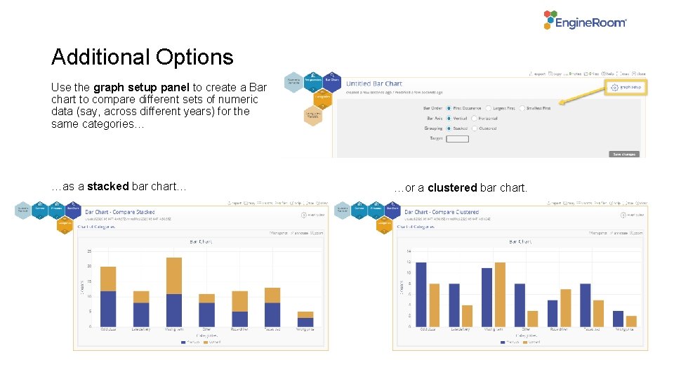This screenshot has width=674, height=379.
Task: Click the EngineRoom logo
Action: click(x=585, y=20)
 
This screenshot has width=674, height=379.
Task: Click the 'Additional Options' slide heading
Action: click(x=142, y=57)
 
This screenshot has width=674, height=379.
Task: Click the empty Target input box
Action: click(x=457, y=139)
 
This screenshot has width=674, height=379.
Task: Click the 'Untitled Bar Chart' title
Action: click(x=374, y=84)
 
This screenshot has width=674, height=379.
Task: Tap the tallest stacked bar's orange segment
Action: click(x=174, y=276)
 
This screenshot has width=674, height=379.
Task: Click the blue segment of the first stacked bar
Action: click(x=108, y=308)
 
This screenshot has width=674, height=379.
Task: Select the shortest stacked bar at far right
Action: click(x=305, y=319)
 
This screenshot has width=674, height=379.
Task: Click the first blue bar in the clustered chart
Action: click(x=421, y=294)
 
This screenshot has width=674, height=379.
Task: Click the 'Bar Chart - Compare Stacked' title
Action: click(x=119, y=212)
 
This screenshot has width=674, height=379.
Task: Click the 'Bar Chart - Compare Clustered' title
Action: click(x=441, y=212)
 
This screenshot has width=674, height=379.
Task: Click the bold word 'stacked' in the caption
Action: click(x=107, y=187)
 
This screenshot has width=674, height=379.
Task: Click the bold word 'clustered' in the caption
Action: click(x=452, y=188)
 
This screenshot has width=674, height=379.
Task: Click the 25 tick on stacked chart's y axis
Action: click(x=89, y=251)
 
